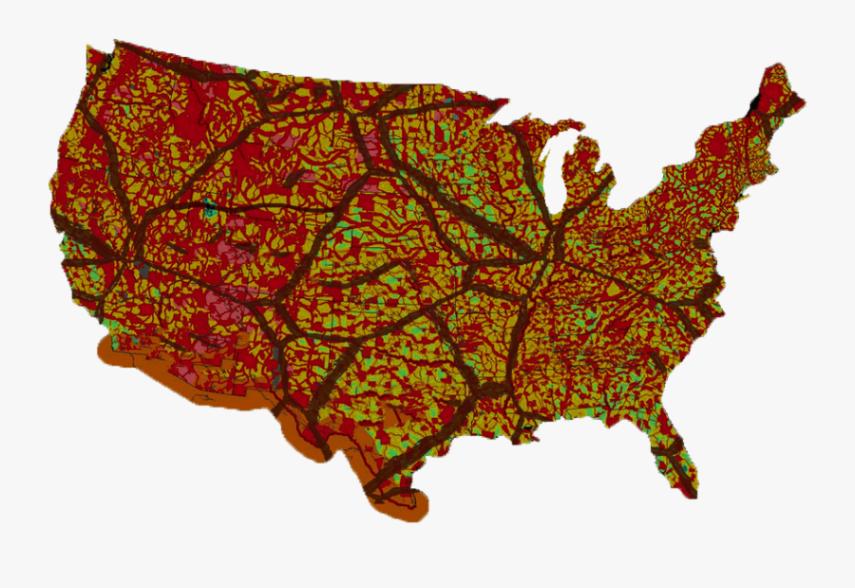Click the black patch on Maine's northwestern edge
pyautogui.click(x=756, y=101)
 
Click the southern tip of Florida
pyautogui.click(x=693, y=493)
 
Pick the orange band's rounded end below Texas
pyautogui.click(x=418, y=509)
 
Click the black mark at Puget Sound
pyautogui.click(x=107, y=63)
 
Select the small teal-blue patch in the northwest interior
pyautogui.click(x=208, y=206)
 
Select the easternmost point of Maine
pyautogui.click(x=804, y=100)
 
